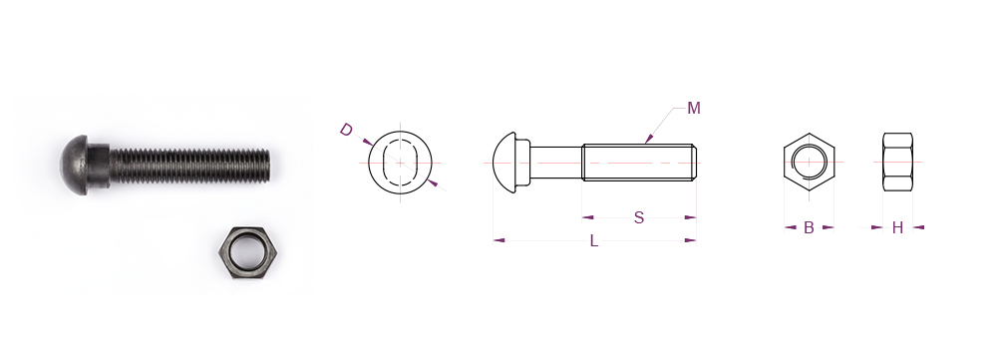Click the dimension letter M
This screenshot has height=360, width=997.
pos(694,109)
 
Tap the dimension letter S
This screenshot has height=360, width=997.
pos(639,218)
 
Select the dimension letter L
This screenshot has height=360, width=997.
pos(594,241)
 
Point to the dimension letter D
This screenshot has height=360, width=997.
pos(346,130)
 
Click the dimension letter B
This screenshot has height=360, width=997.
pos(809,227)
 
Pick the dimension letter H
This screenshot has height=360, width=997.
pos(897,227)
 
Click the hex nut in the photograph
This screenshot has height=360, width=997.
pos(248,253)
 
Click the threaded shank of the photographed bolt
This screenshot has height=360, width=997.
pos(189,167)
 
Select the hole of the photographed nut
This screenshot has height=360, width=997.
pos(247,253)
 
